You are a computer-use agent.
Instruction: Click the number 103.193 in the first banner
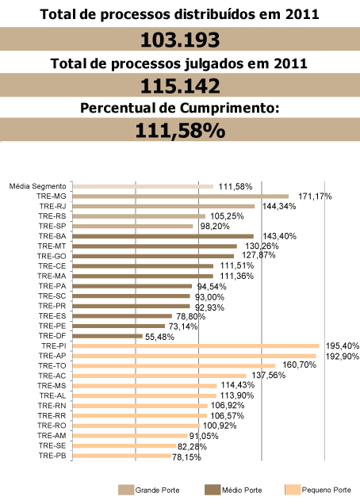pyautogui.click(x=180, y=40)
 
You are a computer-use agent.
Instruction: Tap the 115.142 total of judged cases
pyautogui.click(x=180, y=86)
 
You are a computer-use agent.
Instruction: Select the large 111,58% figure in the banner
pyautogui.click(x=180, y=131)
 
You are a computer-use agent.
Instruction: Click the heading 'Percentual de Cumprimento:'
pyautogui.click(x=179, y=108)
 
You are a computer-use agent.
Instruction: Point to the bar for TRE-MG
pyautogui.click(x=181, y=197)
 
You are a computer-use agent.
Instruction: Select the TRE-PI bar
pyautogui.click(x=196, y=346)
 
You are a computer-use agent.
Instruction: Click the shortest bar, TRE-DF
pyautogui.click(x=108, y=336)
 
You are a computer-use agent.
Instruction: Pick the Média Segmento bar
pyautogui.click(x=143, y=186)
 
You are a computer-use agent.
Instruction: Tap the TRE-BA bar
pyautogui.click(x=163, y=236)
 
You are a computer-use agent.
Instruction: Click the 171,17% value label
pyautogui.click(x=315, y=196)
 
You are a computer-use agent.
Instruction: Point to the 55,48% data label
pyautogui.click(x=159, y=337)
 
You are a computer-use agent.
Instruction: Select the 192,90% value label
pyautogui.click(x=343, y=356)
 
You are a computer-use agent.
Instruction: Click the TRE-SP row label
pyautogui.click(x=52, y=226)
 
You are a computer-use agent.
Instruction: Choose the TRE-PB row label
pyautogui.click(x=52, y=456)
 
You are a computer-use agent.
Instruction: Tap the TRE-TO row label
pyautogui.click(x=52, y=366)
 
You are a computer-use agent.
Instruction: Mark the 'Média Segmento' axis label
pyautogui.click(x=37, y=186)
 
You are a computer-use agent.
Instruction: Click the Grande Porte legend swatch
pyautogui.click(x=126, y=490)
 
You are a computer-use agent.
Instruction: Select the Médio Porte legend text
pyautogui.click(x=242, y=491)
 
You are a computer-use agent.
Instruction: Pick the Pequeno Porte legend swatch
pyautogui.click(x=293, y=490)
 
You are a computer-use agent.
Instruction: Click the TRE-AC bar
pyautogui.click(x=159, y=376)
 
